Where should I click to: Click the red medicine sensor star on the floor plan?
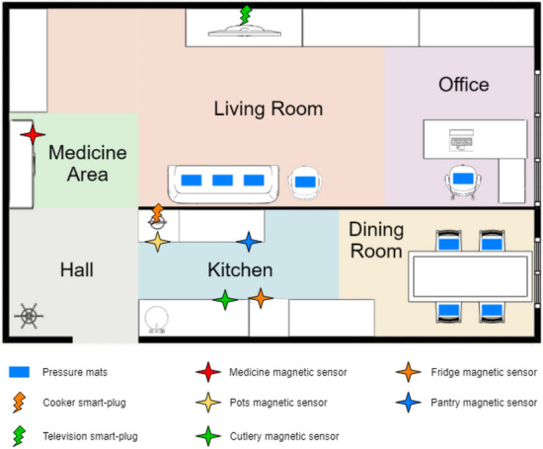pos(33,134)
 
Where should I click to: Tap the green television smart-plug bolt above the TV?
pos(246,15)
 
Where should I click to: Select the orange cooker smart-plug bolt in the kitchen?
pos(157,213)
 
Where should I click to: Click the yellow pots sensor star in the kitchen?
pos(158,242)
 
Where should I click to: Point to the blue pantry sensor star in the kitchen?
pos(249,242)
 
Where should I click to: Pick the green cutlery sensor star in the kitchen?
pos(225,299)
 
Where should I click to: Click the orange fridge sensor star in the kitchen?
pos(261,298)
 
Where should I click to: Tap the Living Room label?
pos(269,109)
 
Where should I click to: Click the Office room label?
pos(464,85)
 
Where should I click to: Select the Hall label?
pos(77,269)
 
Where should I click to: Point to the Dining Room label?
pos(376,240)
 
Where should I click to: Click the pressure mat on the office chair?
pos(463,179)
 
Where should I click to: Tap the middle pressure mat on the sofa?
pos(222,180)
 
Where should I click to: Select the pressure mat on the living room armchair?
pos(305,182)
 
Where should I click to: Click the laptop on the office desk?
pos(461,140)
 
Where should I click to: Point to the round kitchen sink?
pos(157,318)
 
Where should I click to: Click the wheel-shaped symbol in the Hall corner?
pos(29,316)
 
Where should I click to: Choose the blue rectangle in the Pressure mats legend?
pos(19,372)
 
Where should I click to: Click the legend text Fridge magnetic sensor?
pos(484,372)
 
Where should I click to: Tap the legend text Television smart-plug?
pos(91,436)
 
